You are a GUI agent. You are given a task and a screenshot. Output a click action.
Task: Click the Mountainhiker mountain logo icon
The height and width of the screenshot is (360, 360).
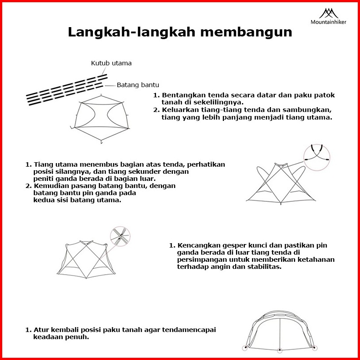pyautogui.click(x=328, y=13)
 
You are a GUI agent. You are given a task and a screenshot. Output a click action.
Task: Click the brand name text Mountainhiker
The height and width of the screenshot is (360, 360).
pyautogui.click(x=328, y=22)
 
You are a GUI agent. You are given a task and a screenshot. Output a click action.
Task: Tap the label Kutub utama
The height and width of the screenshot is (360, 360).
pyautogui.click(x=111, y=63)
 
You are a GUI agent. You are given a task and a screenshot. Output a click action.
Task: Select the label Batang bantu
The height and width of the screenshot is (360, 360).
pyautogui.click(x=138, y=85)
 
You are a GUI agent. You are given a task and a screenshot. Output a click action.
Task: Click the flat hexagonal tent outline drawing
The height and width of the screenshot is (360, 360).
pyautogui.click(x=102, y=118)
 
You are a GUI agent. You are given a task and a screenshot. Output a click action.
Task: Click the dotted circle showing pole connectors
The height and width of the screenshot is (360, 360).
pyautogui.click(x=317, y=158)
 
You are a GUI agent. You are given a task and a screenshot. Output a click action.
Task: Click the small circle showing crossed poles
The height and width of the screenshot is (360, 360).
pyautogui.click(x=120, y=236)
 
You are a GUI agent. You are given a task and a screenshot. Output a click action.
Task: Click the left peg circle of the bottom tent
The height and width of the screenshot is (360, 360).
pyautogui.click(x=244, y=348)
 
